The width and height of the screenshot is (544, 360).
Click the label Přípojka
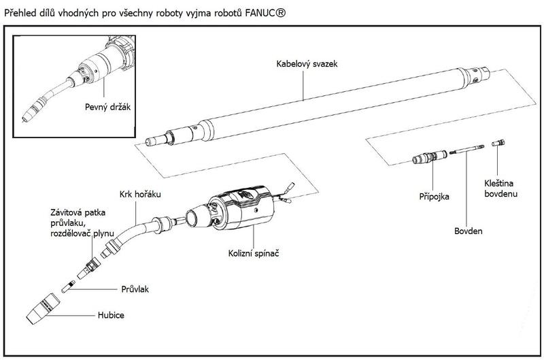pos(435,196)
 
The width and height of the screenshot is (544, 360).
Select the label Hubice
pos(111,315)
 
